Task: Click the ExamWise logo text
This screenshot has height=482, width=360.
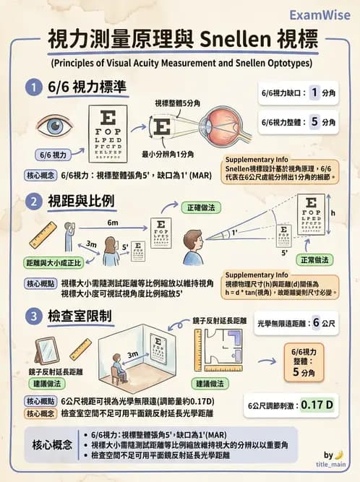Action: coord(320,14)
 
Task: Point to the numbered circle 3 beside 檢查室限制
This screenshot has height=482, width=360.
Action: coord(32,315)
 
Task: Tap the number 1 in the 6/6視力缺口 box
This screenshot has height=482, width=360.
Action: coord(314,92)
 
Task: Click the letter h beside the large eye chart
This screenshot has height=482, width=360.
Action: coord(333,213)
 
